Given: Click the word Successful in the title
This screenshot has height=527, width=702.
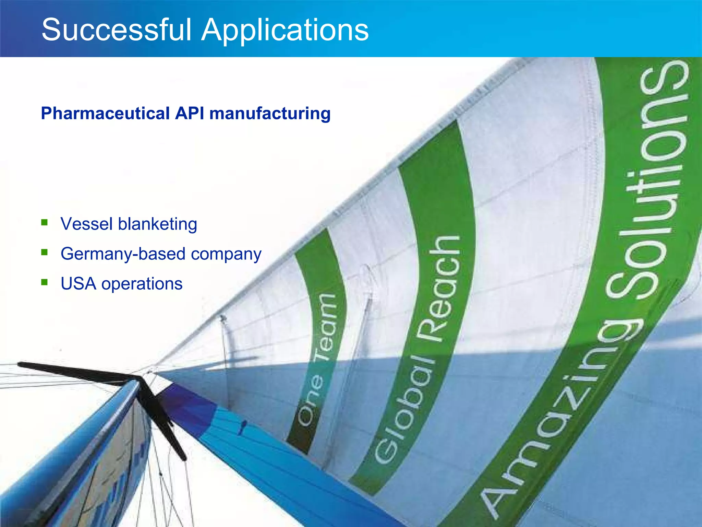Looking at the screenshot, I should coord(117,30).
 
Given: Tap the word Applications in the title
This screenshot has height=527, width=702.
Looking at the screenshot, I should coord(285,30).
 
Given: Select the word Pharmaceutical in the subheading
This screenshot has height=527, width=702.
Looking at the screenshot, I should coord(105,113).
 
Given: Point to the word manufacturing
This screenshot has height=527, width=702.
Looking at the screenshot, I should coord(270,113).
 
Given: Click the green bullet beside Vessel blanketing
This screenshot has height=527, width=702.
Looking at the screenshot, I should coord(44,223).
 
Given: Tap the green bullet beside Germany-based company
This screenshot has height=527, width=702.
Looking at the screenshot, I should coord(44,253).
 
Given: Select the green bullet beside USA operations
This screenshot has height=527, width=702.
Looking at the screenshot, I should coord(44,282).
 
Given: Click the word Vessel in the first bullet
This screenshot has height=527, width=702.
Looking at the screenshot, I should coord(86,224).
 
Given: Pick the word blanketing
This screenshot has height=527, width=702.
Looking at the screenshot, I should coord(157,224).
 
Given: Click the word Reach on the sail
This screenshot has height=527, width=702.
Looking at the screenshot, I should coord(442,288).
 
